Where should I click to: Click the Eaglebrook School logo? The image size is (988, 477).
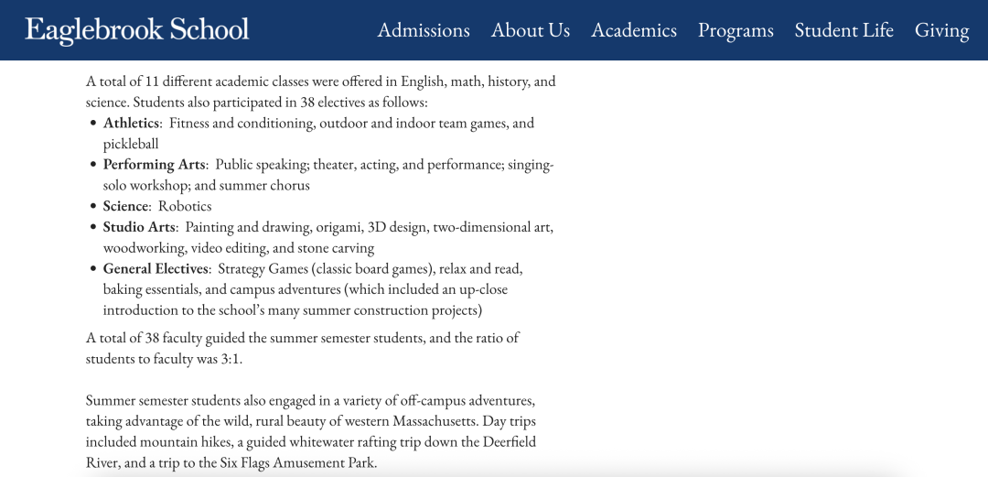point(137,29)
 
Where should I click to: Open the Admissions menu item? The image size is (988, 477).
point(424,30)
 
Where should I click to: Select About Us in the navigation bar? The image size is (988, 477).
point(531,30)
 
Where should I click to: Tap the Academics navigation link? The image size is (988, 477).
point(634,30)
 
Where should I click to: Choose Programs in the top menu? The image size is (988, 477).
point(736,30)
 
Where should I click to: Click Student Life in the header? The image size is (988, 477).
point(843,30)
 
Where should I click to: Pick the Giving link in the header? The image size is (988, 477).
point(941,30)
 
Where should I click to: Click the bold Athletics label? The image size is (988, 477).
point(132,123)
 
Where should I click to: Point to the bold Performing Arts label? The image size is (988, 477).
point(154,165)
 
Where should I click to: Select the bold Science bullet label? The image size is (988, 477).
point(125,206)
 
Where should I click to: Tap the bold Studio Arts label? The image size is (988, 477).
point(139,227)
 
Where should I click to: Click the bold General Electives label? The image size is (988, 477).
point(156,268)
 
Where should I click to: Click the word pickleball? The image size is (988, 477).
point(131,144)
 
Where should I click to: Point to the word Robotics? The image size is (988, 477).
point(185,206)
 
